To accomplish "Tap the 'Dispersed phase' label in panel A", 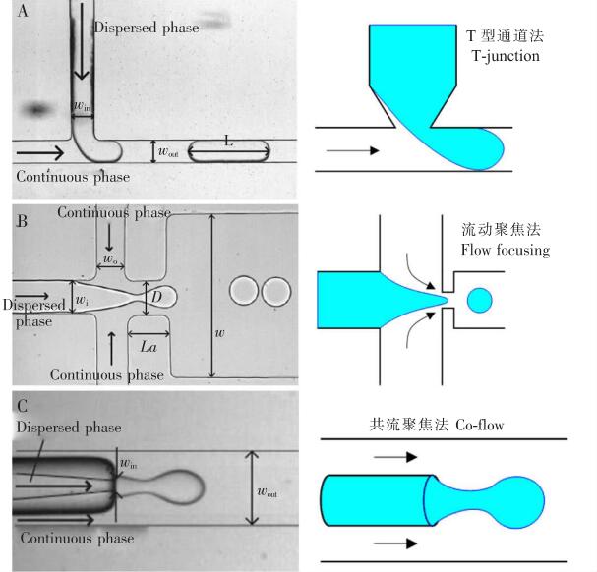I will pos(147,28).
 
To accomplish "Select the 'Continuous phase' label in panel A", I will pos(73,177).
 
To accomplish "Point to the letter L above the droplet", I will pos(228,142).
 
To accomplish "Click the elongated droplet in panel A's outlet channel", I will pos(228,152).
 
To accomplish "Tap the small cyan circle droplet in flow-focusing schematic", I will pos(479,299).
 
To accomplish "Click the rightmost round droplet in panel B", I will pos(276,291).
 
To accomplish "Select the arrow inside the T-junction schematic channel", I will pos(352,151).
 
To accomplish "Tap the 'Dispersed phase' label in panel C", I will pos(69,428).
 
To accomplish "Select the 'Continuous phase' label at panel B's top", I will pos(113,212).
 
